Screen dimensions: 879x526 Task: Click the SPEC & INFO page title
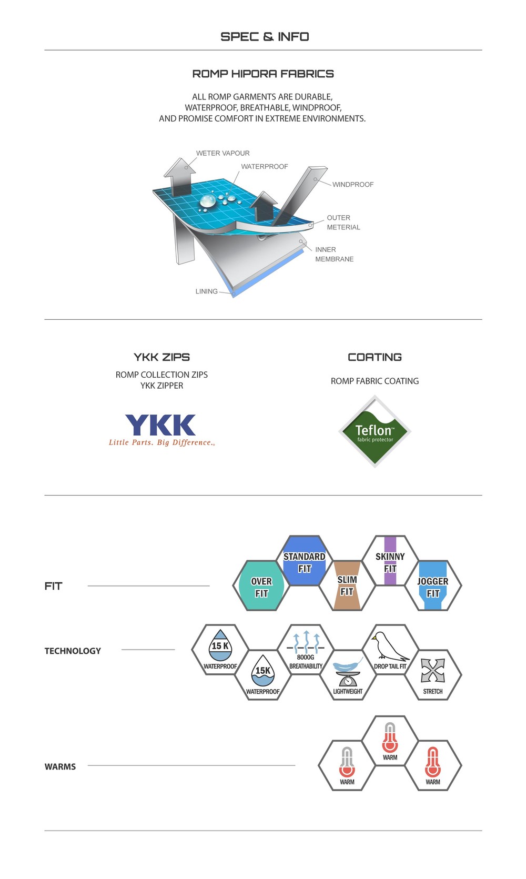click(265, 37)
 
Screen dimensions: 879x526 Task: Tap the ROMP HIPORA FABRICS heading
click(263, 74)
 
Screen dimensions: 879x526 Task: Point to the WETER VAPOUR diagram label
click(222, 153)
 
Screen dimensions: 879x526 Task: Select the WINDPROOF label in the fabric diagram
click(353, 185)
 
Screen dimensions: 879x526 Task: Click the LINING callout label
click(206, 291)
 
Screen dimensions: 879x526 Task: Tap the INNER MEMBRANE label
click(334, 255)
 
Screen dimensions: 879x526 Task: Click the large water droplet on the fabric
click(207, 200)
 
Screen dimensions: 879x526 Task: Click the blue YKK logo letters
click(160, 425)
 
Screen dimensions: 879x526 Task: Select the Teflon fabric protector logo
click(375, 432)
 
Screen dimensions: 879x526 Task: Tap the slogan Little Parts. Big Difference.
click(161, 442)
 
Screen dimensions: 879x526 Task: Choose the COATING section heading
click(375, 357)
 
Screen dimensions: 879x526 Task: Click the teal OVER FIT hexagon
click(261, 586)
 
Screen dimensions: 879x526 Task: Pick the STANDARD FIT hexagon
click(305, 562)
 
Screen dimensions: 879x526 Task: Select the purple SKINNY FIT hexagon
click(390, 562)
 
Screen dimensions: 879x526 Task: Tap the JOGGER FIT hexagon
click(433, 586)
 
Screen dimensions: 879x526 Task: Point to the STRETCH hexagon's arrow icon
click(433, 670)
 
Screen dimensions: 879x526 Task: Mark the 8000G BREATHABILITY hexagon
click(306, 650)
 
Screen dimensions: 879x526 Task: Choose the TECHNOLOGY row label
click(73, 651)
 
